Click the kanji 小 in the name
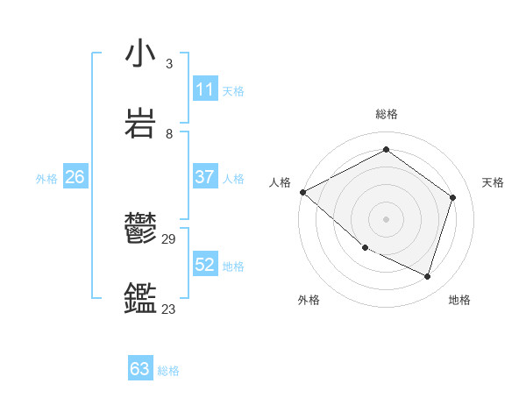coord(140,54)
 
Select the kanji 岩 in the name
coord(140,124)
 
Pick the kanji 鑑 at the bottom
coord(140,298)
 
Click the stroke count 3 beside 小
coord(169,64)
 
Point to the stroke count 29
coord(169,238)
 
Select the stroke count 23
coord(169,309)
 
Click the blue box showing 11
coord(205,89)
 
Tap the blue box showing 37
coord(205,177)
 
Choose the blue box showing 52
coord(205,265)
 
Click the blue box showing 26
coord(75,177)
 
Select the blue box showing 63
coord(140,369)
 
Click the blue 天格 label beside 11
coord(234,90)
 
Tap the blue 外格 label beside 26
coord(46,178)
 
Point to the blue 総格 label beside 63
coord(168,371)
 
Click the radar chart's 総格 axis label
coord(387,114)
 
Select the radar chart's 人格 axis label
coord(281,182)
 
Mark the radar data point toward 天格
coord(453,197)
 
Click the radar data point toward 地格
coord(428,277)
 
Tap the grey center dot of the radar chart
coord(387,219)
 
